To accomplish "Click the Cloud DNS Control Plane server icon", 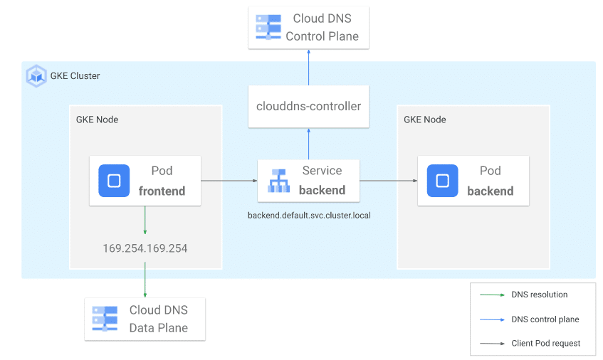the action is [268, 27].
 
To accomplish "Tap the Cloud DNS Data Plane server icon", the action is [105, 319].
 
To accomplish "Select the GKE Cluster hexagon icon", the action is [36, 76].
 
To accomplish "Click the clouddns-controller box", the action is [308, 107].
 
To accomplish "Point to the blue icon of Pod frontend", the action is [114, 181].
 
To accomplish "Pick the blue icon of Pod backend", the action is [442, 181].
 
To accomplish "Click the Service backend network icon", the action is [278, 181].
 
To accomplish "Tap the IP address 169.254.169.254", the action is [145, 248].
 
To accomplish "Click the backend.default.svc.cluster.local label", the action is [309, 215].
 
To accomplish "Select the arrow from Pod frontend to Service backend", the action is [229, 181].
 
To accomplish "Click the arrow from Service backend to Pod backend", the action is [389, 181].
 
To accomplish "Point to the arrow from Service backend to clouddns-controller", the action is [308, 144].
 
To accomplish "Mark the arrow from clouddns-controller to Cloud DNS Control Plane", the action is [308, 68].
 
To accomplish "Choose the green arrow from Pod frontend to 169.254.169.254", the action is [145, 220].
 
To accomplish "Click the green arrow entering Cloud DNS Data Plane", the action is [145, 280].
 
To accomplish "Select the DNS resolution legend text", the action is [539, 295].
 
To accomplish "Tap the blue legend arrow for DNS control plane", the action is [492, 319].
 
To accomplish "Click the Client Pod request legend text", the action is [546, 343].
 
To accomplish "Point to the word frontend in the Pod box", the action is [162, 191].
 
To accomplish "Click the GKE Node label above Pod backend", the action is [424, 120].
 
